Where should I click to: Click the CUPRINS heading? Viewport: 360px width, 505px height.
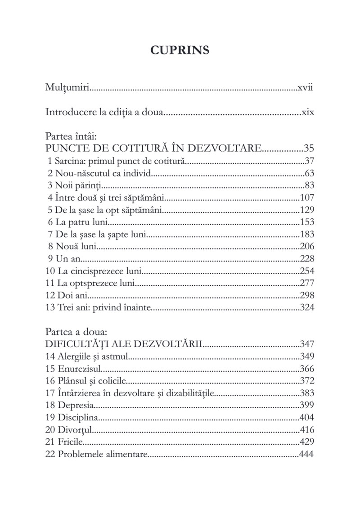(x=180, y=50)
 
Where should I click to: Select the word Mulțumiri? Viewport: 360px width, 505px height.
(x=67, y=87)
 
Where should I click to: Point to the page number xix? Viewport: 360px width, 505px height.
(x=307, y=112)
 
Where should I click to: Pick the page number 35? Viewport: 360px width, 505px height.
(x=308, y=148)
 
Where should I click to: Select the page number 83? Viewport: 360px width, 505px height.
(x=309, y=185)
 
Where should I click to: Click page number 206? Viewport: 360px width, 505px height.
(x=306, y=246)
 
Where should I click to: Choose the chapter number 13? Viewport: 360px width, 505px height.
(x=50, y=308)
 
